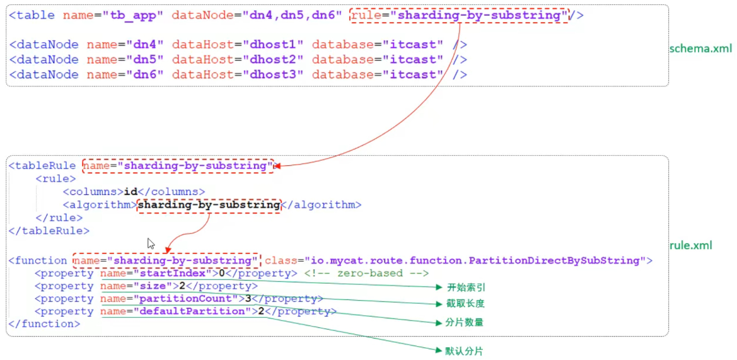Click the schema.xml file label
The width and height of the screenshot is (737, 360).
click(700, 49)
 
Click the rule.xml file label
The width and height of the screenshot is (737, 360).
click(690, 245)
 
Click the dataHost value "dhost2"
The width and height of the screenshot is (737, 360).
click(274, 60)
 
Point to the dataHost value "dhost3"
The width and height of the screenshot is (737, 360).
click(274, 75)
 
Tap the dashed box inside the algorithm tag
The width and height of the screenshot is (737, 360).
click(209, 205)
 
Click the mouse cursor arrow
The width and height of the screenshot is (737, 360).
click(151, 243)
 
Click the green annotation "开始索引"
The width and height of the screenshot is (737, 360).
click(466, 287)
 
